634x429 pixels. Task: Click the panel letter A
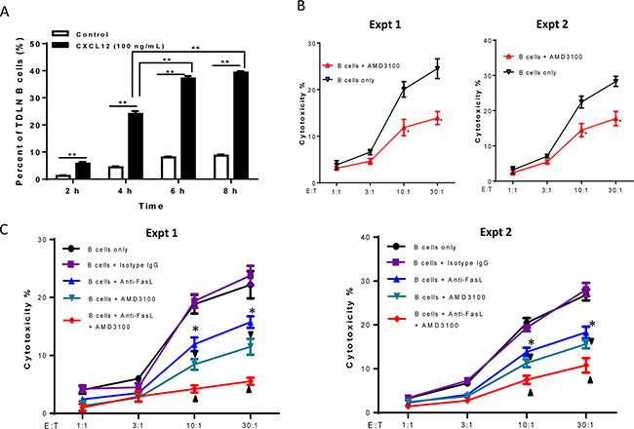tap(8, 9)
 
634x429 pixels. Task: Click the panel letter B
tap(301, 9)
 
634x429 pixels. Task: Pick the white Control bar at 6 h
tap(168, 167)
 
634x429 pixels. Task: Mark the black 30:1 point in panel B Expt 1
tap(438, 67)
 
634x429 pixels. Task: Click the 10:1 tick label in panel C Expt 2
tap(527, 421)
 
